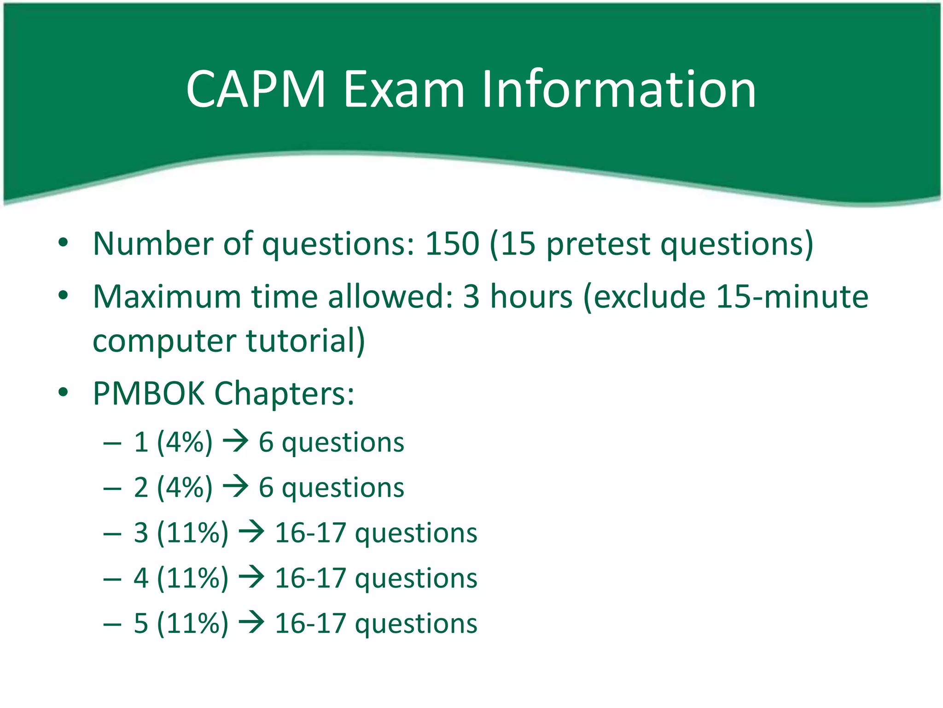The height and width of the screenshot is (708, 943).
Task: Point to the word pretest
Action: (598, 244)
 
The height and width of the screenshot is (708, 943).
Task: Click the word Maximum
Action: (167, 296)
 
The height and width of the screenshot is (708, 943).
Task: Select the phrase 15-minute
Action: (792, 296)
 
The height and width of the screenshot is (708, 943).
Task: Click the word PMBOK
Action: (148, 394)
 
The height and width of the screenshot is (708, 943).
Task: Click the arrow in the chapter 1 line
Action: (236, 442)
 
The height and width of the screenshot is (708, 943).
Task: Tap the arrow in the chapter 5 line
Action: (251, 623)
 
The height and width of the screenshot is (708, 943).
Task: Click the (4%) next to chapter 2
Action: (185, 488)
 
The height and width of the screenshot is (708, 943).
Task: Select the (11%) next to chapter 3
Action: (192, 533)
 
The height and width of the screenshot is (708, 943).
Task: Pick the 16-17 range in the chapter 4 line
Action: (310, 578)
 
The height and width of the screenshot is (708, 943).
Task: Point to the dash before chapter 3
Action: (112, 534)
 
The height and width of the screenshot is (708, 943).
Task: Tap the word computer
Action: (164, 342)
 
